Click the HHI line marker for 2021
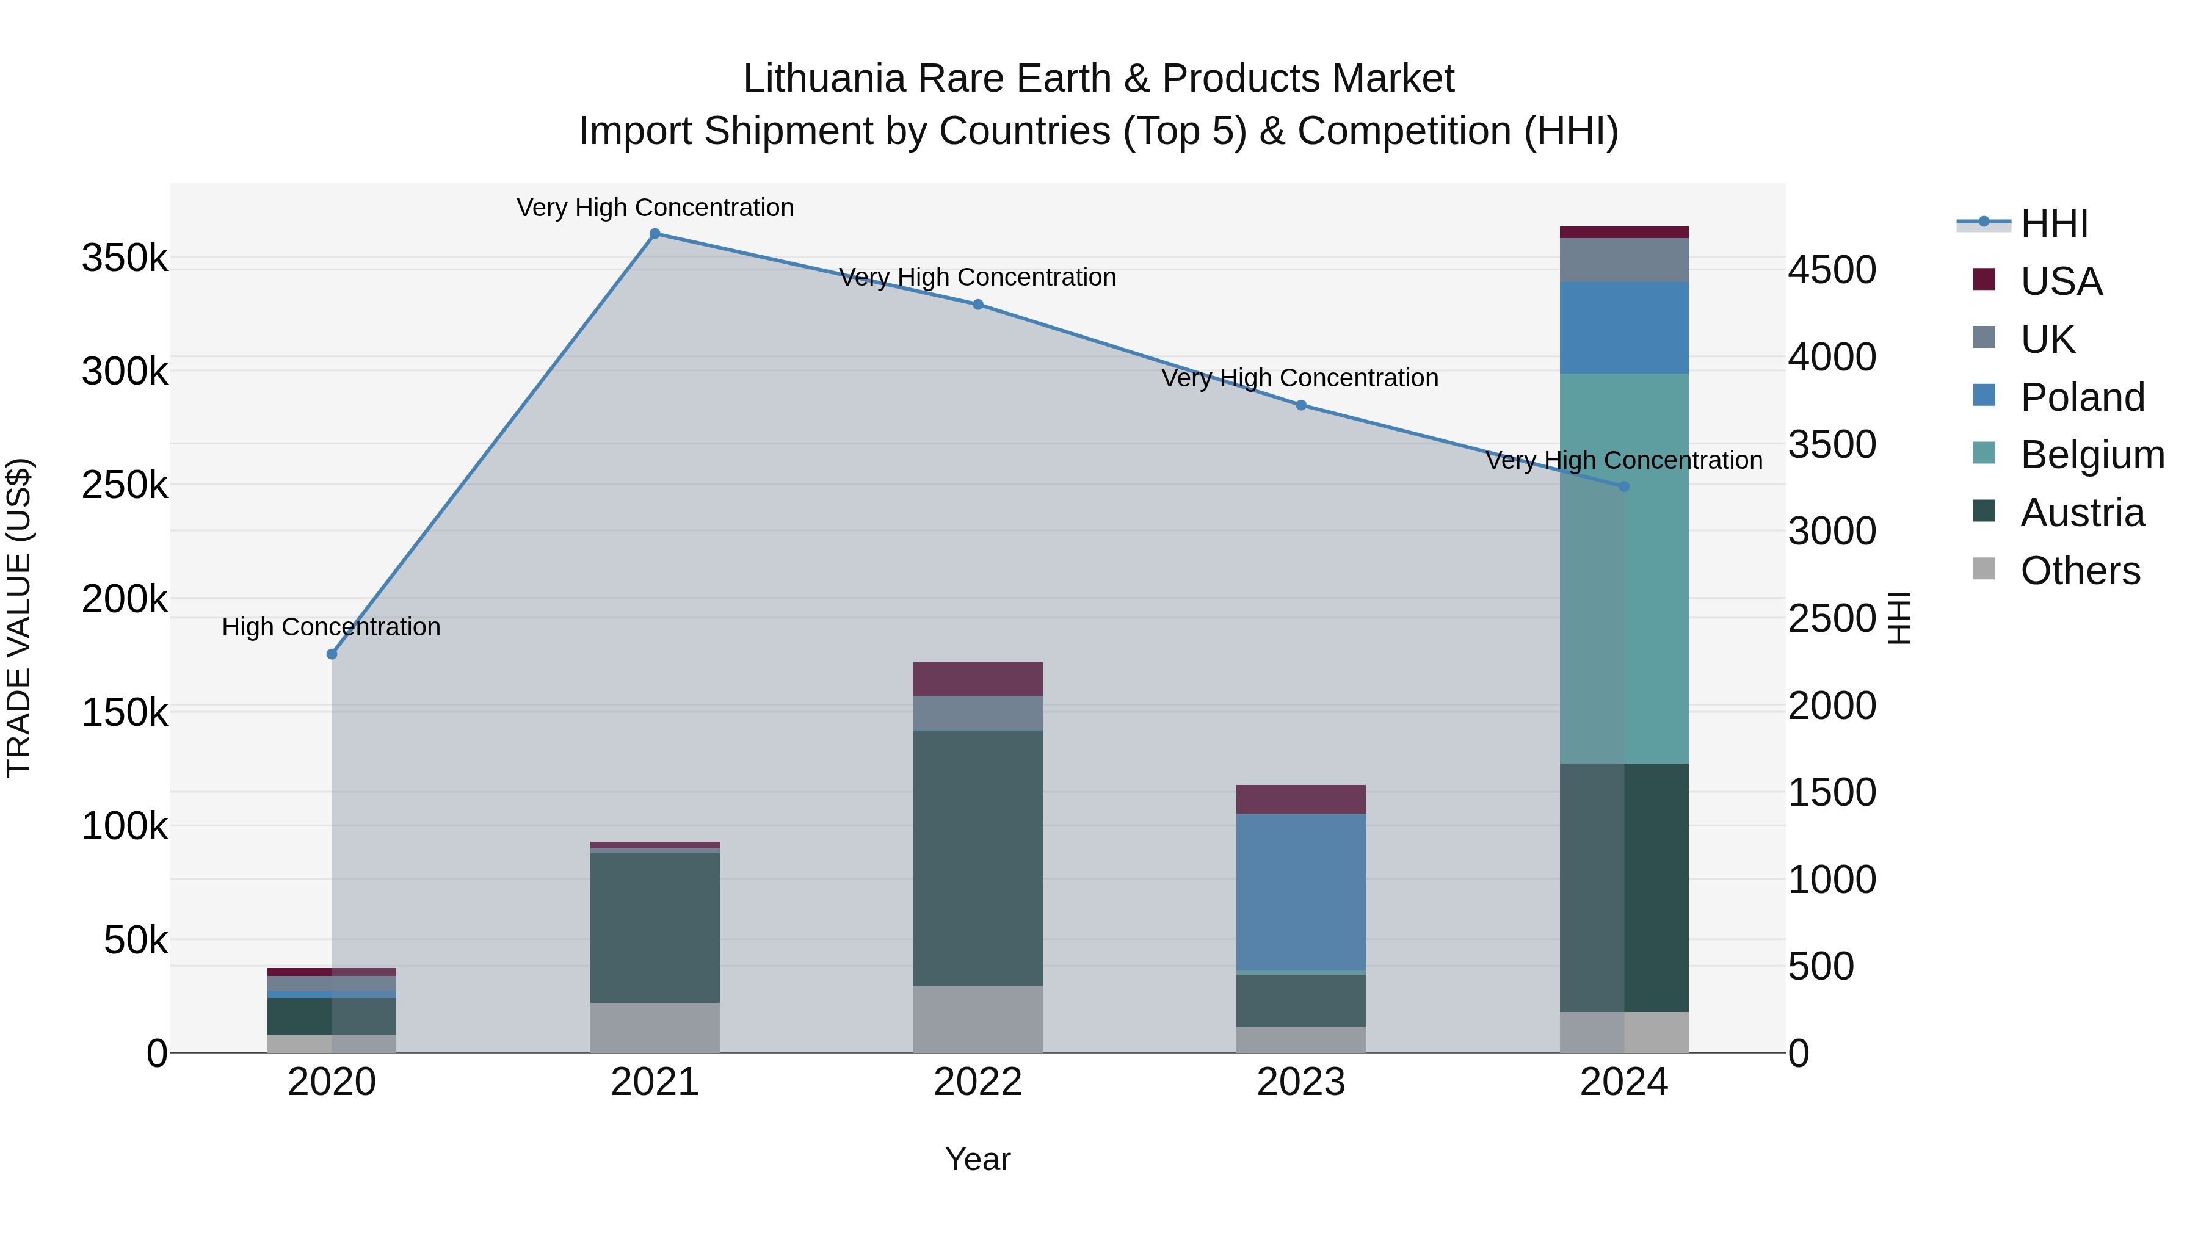(655, 234)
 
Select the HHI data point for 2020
(332, 654)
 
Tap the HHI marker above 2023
(1301, 405)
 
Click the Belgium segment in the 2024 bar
(1623, 568)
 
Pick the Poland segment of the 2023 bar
(1301, 892)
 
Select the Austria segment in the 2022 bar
(978, 858)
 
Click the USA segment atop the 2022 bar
(978, 679)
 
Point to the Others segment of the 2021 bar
(655, 1027)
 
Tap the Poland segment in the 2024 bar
(1623, 328)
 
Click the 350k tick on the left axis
(125, 258)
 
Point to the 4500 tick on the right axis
(1832, 270)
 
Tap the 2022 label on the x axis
(978, 1082)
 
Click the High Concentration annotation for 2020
(331, 627)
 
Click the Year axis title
(978, 1159)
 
